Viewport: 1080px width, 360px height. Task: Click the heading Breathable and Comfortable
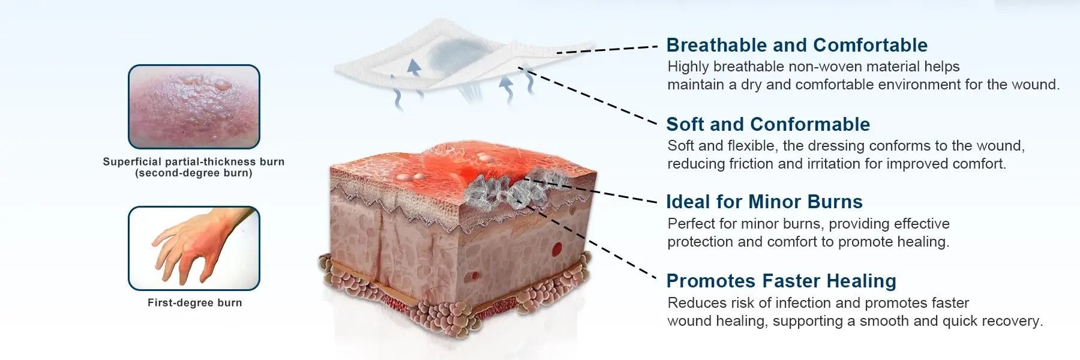pos(797,45)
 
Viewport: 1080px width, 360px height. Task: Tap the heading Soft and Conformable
pos(768,124)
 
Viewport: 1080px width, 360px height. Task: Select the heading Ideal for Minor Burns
pos(764,202)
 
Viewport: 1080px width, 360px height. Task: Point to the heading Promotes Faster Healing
pos(781,281)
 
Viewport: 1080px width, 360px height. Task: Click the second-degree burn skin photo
pos(194,107)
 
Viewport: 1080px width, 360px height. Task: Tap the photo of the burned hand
pos(194,248)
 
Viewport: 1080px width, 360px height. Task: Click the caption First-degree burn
pos(195,303)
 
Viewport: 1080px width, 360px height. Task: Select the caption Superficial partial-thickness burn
pos(194,161)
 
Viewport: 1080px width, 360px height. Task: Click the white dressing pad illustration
pos(462,60)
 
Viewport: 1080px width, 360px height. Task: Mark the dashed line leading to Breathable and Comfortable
pos(607,50)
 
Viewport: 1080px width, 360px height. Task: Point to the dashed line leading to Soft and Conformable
pos(588,97)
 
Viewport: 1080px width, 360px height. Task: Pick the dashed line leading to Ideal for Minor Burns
pos(590,191)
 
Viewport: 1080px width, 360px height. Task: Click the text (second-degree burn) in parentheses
pos(194,173)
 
